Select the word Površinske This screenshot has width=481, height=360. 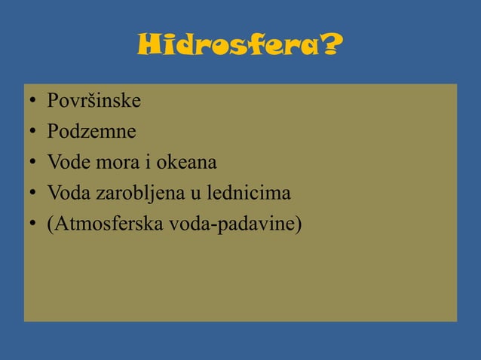(93, 100)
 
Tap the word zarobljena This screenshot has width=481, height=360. (136, 194)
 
